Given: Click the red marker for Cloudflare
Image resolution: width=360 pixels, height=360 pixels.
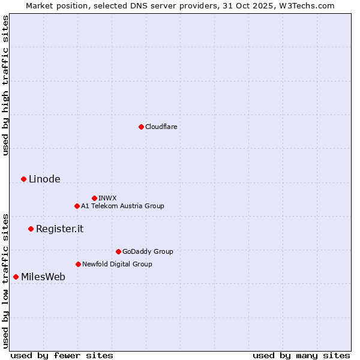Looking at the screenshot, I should click(x=141, y=127).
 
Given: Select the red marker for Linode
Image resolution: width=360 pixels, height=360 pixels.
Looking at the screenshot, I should click(x=23, y=179).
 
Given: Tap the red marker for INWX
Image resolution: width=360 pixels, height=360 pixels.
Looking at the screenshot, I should click(x=94, y=198).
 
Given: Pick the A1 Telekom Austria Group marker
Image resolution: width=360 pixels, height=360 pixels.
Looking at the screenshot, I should click(x=77, y=206).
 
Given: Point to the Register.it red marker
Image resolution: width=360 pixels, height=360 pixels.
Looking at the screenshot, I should click(x=31, y=229).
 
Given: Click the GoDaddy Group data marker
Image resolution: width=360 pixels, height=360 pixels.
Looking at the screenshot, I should click(x=118, y=251).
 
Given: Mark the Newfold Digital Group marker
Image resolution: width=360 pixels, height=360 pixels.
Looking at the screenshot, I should click(x=78, y=264).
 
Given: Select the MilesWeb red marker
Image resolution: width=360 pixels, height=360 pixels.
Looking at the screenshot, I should click(x=16, y=277).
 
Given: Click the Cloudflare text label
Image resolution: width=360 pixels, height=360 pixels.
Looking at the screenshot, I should click(x=161, y=127).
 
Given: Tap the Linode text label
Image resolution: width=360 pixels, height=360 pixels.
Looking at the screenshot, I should click(x=44, y=179).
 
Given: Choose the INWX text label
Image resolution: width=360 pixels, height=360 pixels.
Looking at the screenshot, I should click(x=107, y=198).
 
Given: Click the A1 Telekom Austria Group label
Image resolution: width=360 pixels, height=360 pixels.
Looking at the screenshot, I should click(x=122, y=206).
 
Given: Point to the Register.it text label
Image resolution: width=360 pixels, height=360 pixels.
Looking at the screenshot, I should click(x=59, y=229).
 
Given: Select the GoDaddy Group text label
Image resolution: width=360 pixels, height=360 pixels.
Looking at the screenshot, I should click(x=148, y=251).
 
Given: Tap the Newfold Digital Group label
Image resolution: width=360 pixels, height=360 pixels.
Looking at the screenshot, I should click(x=117, y=264).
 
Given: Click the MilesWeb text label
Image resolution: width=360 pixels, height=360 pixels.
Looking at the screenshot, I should click(x=43, y=277).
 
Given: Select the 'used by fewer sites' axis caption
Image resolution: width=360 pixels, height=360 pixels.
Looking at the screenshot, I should click(x=62, y=355).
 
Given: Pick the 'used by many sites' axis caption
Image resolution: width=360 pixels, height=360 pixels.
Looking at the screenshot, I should click(x=301, y=355).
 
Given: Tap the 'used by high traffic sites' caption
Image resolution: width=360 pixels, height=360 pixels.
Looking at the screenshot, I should click(x=5, y=85).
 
